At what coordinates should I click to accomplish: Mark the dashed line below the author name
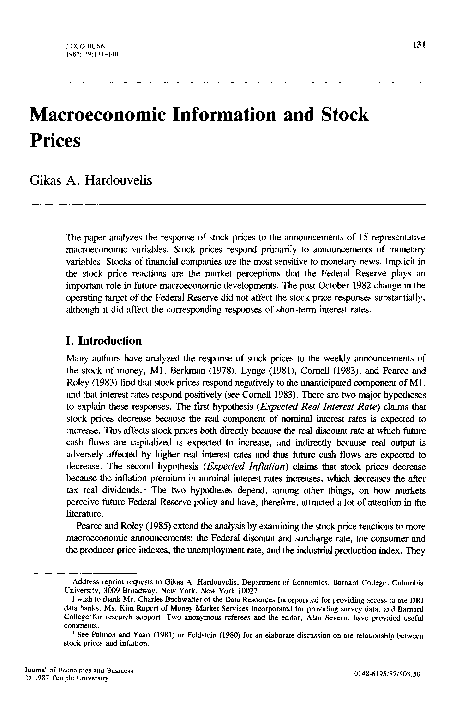(230, 204)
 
